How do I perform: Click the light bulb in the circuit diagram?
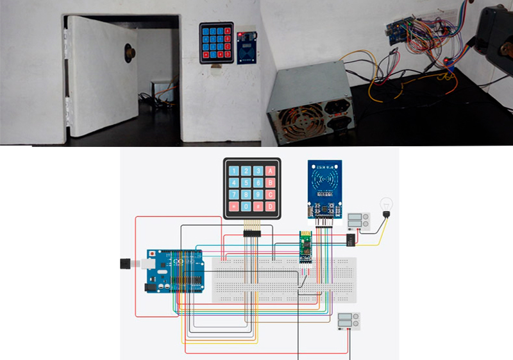coord(387,204)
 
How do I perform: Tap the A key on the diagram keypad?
coord(271,171)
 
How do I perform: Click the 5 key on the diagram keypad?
coord(246,183)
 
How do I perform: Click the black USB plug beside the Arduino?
coord(126,263)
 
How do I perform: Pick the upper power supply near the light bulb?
coord(358,221)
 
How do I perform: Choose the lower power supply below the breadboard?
coord(349,321)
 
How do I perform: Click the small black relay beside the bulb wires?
coord(351,239)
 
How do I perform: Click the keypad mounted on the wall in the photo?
coord(216,43)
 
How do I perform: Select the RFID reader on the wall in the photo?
coord(246,47)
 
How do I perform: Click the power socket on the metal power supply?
coord(337,108)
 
